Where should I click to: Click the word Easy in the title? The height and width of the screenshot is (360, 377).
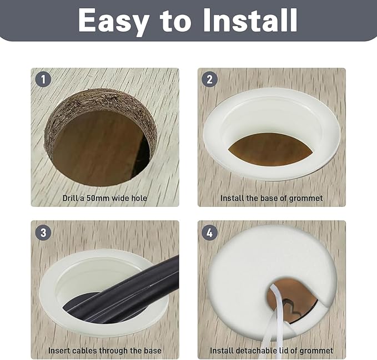(x=113, y=22)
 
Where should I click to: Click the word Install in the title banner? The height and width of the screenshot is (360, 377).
(x=250, y=20)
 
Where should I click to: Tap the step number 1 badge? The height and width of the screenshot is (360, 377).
(x=43, y=79)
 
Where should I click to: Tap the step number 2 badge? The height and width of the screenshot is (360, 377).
(x=210, y=79)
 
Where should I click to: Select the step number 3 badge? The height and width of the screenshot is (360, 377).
(x=43, y=232)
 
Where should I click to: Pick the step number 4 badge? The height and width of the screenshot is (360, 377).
(x=210, y=232)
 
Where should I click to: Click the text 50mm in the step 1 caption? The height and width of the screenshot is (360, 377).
(x=98, y=199)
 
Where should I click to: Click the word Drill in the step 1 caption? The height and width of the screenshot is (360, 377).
(x=71, y=198)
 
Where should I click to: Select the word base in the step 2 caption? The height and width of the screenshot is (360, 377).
(x=269, y=199)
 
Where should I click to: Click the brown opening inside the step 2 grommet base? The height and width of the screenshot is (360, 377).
(x=269, y=149)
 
